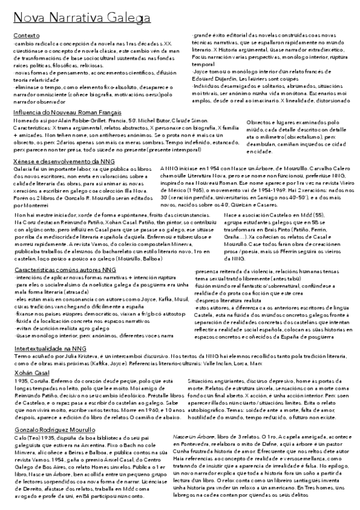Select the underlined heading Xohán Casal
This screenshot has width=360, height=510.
[31, 373]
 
